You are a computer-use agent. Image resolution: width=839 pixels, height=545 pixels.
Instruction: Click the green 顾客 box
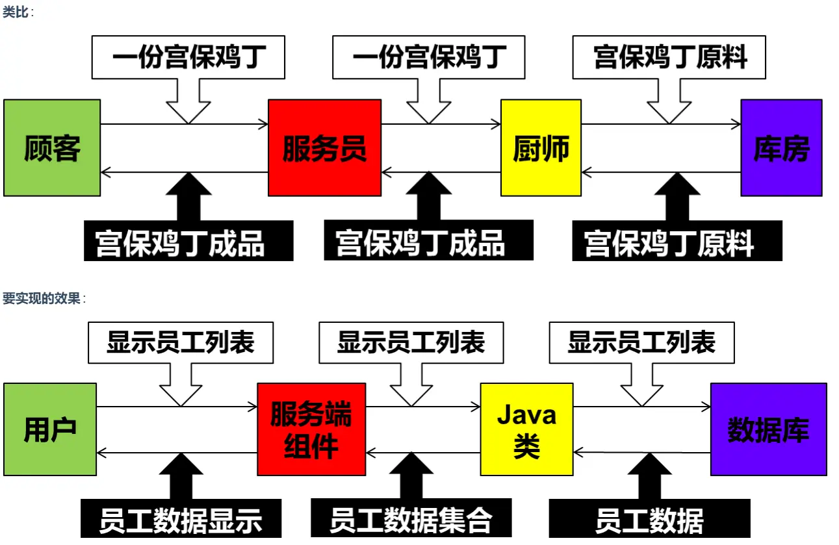[52, 148]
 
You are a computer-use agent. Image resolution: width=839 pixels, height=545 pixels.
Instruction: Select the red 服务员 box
[324, 148]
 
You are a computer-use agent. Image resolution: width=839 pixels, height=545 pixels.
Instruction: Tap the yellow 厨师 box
[541, 148]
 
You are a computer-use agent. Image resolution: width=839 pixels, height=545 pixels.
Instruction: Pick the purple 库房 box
[781, 148]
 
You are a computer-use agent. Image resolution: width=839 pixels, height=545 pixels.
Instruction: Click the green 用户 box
[50, 429]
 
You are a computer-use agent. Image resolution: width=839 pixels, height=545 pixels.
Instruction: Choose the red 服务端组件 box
[311, 429]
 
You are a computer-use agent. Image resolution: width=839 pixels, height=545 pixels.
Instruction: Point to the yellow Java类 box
[526, 429]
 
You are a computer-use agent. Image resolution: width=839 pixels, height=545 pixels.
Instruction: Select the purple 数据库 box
[768, 429]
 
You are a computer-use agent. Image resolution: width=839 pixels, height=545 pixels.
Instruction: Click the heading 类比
[16, 12]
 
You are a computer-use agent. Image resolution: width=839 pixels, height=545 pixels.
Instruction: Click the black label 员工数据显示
[181, 519]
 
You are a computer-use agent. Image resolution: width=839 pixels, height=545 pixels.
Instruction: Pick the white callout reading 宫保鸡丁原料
[669, 57]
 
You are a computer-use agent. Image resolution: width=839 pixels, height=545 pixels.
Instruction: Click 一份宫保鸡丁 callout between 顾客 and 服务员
[188, 57]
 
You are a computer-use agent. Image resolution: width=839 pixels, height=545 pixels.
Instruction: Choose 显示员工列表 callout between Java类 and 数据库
[641, 342]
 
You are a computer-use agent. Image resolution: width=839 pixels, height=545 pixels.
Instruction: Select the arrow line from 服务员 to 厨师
[468, 124]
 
